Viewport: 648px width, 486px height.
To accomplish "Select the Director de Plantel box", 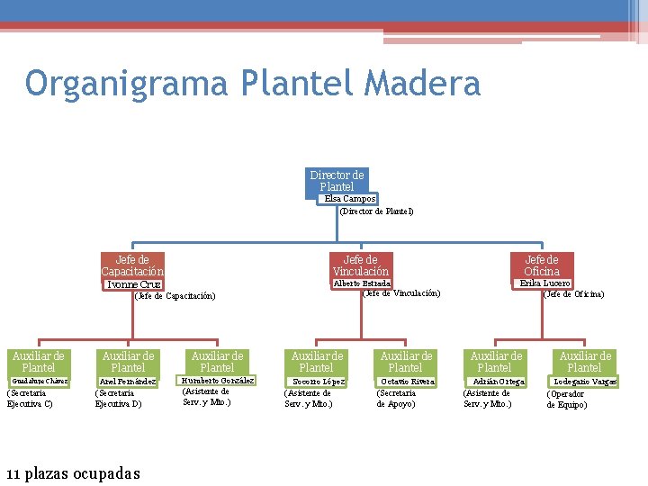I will [337, 180].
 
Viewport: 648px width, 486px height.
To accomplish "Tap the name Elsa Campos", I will [350, 198].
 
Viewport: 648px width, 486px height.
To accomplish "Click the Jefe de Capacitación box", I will [132, 265].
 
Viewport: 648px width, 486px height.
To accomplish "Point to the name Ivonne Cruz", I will [133, 284].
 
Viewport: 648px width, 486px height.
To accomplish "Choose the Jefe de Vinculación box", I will [360, 265].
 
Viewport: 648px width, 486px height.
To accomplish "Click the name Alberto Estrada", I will [362, 283].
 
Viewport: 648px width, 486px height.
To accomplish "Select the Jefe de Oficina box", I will [542, 265].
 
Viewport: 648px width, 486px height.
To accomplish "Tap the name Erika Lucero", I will [544, 283].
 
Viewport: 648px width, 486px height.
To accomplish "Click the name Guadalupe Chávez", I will [39, 381].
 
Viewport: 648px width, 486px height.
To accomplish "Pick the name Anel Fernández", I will [128, 382].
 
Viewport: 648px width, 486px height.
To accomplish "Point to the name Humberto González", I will [217, 380].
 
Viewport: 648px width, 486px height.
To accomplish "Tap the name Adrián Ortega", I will [498, 382].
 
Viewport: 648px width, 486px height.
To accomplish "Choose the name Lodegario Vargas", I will [585, 382].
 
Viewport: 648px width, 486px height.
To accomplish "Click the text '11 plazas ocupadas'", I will [73, 472].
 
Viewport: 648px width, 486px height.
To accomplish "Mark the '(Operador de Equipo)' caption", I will [567, 399].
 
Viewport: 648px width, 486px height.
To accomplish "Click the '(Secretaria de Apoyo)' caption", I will [397, 398].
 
